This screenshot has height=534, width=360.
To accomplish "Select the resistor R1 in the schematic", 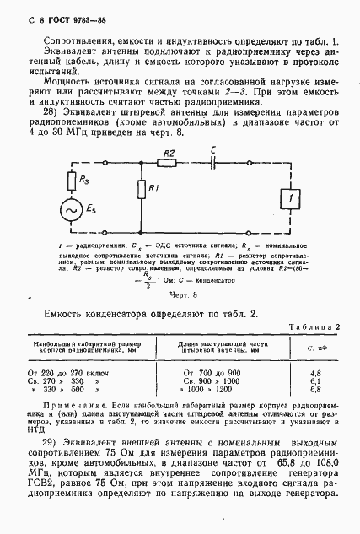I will coord(139,191).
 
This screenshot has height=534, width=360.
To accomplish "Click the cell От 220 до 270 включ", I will coord(76,371).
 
